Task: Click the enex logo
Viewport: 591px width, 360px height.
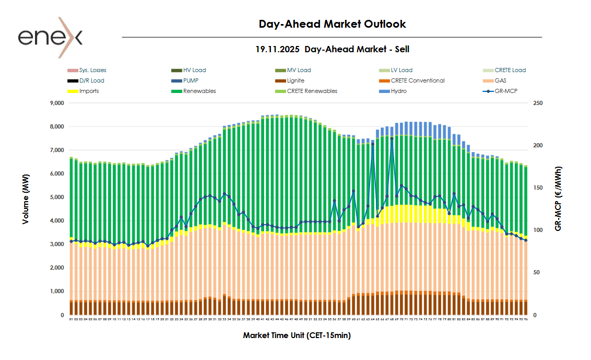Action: click(50, 37)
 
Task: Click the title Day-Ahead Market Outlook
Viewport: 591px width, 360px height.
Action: click(332, 24)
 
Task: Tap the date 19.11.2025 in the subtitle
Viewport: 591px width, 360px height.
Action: click(277, 49)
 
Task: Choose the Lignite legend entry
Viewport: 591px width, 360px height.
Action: click(295, 80)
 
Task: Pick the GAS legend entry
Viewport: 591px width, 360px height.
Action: click(500, 80)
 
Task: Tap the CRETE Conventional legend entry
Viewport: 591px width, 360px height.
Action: click(417, 80)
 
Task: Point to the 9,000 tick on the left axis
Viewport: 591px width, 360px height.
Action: click(55, 103)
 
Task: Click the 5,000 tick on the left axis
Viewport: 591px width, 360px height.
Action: click(55, 198)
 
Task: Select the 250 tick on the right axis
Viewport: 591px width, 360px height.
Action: click(538, 103)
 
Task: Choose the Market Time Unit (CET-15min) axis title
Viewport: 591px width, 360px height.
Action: click(297, 335)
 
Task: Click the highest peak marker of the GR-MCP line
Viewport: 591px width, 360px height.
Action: click(392, 138)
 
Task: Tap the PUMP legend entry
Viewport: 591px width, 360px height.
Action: click(192, 80)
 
